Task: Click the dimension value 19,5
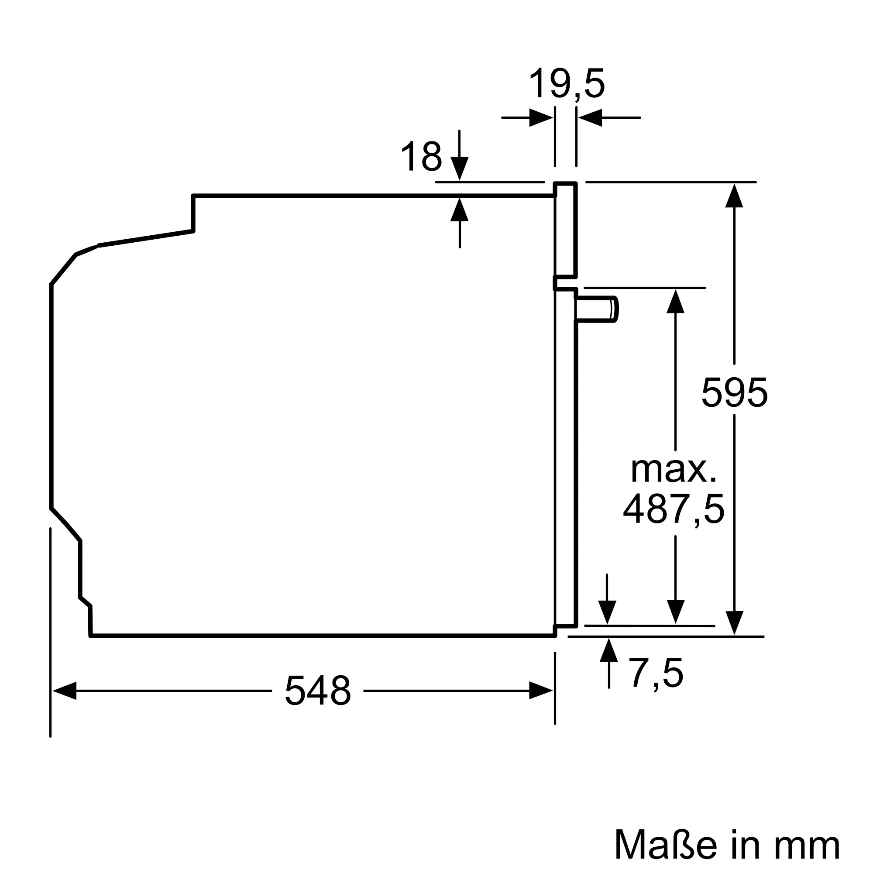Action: pyautogui.click(x=566, y=84)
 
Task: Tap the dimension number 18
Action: pyautogui.click(x=421, y=156)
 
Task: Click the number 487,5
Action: pyautogui.click(x=673, y=509)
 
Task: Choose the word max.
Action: pyautogui.click(x=673, y=470)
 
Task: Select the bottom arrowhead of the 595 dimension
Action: pyautogui.click(x=734, y=623)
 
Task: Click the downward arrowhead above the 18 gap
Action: pyautogui.click(x=460, y=168)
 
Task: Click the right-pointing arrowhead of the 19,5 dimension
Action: pyautogui.click(x=541, y=118)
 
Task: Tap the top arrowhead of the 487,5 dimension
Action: pyautogui.click(x=675, y=301)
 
